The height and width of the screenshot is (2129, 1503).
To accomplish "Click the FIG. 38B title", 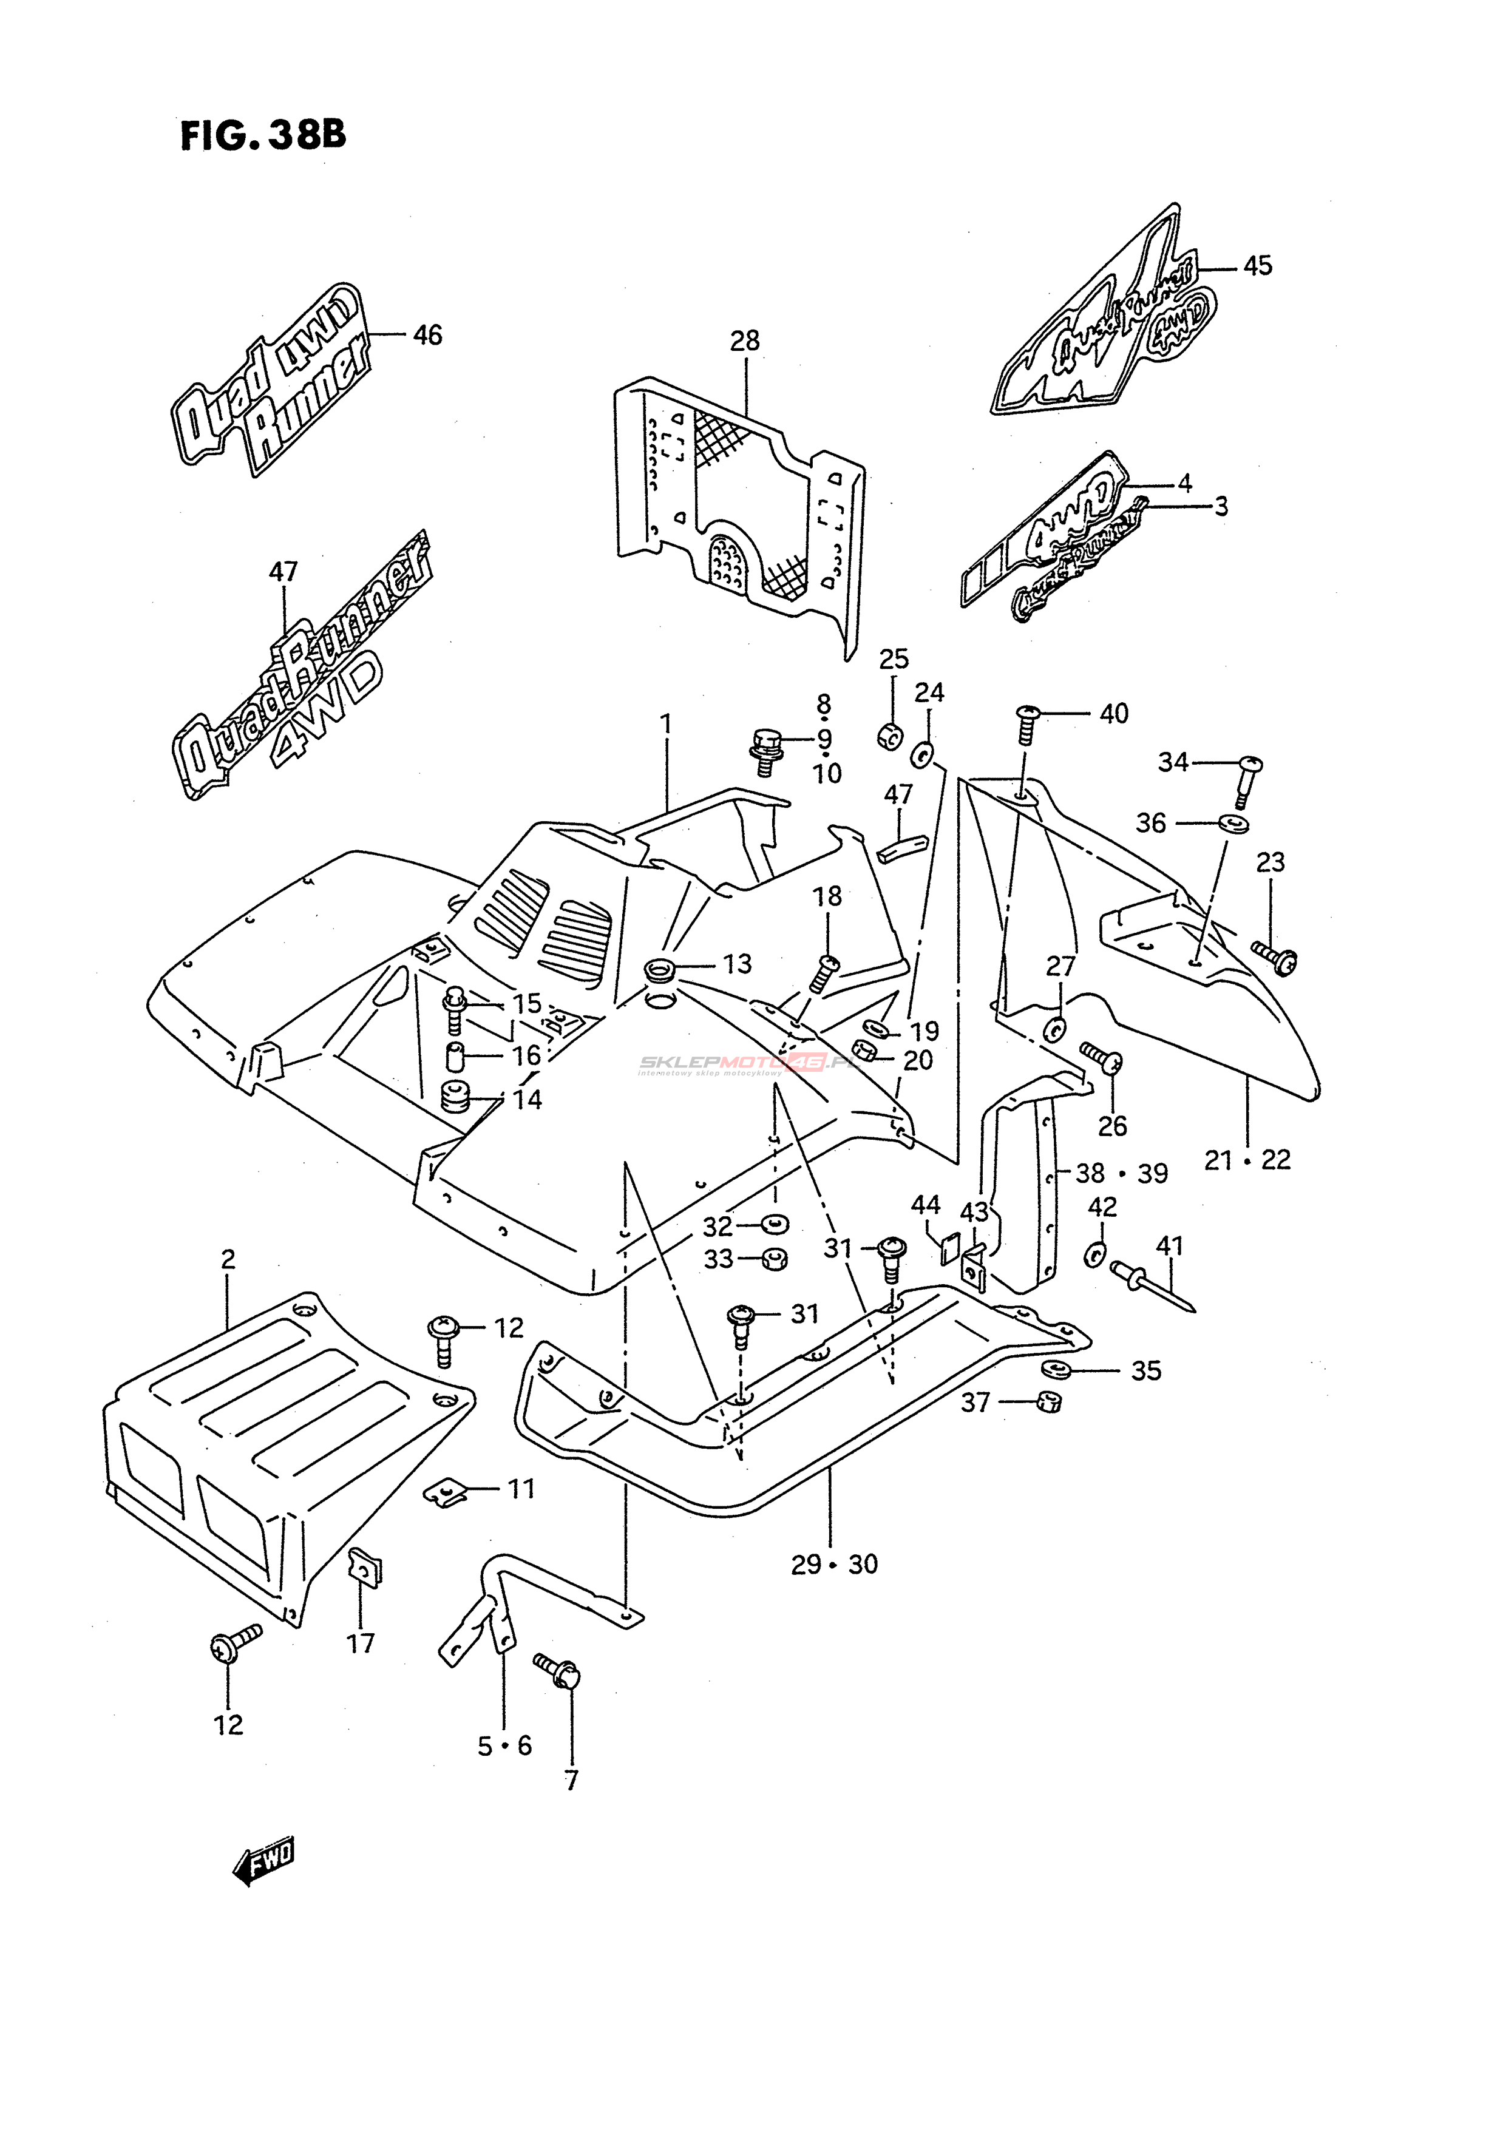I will coord(263,135).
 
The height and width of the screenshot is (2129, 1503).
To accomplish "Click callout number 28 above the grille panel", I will coord(745,341).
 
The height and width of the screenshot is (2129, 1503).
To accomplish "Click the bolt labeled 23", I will coord(1275,957).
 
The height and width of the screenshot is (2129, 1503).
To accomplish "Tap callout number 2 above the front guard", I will coord(228,1259).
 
